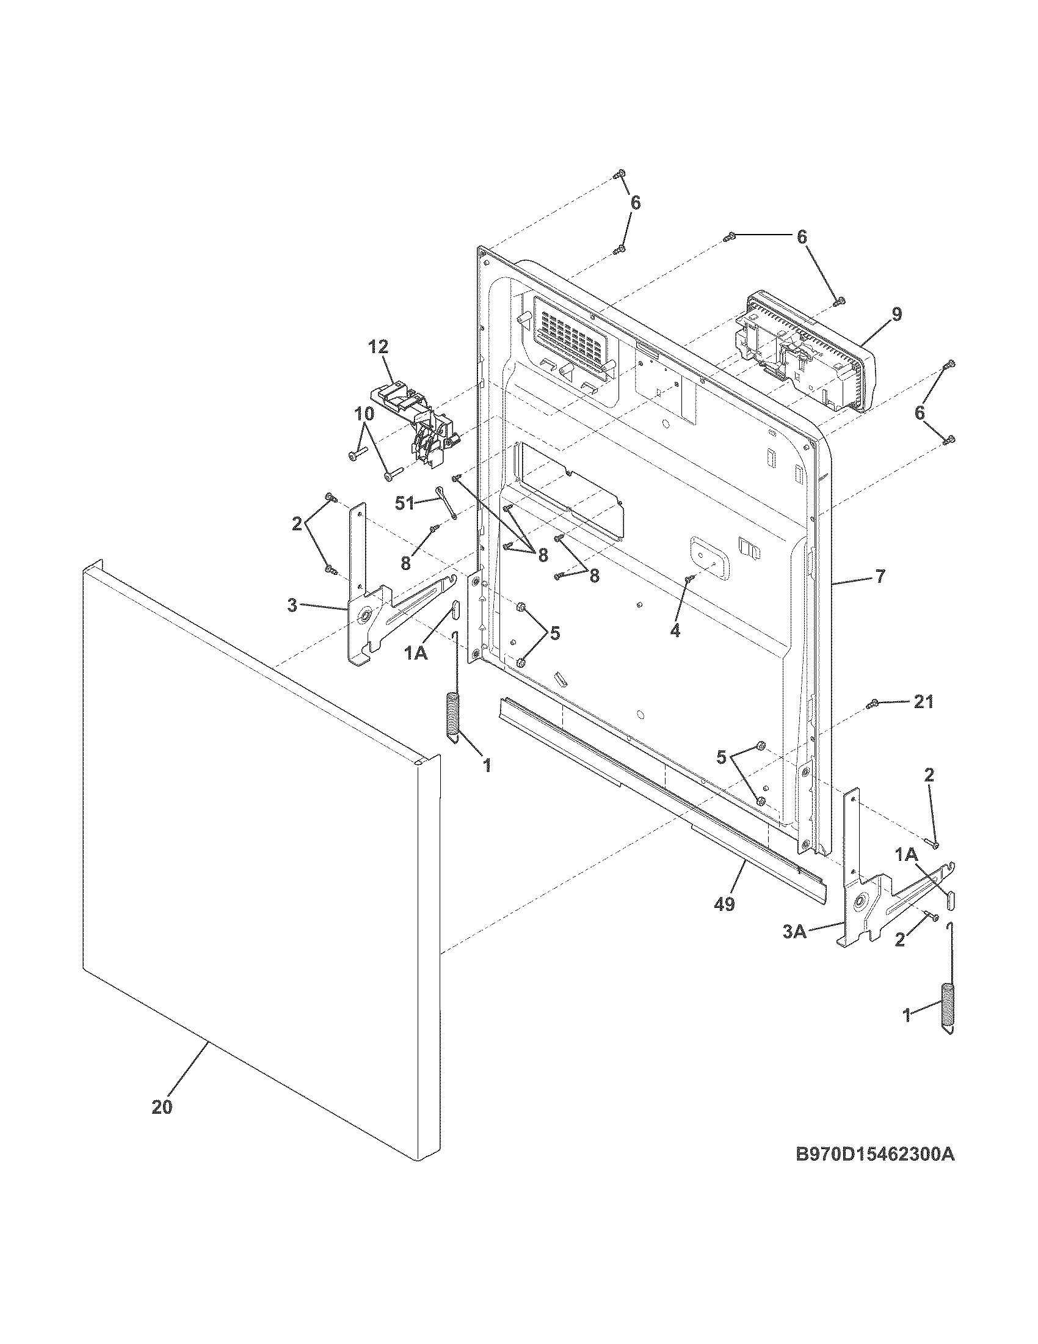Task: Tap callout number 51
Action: tap(404, 503)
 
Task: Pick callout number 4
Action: tap(675, 631)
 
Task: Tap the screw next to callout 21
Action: tap(873, 703)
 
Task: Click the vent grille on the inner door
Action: tap(569, 336)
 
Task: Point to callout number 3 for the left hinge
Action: tap(292, 605)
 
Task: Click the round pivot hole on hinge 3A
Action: tap(860, 904)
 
